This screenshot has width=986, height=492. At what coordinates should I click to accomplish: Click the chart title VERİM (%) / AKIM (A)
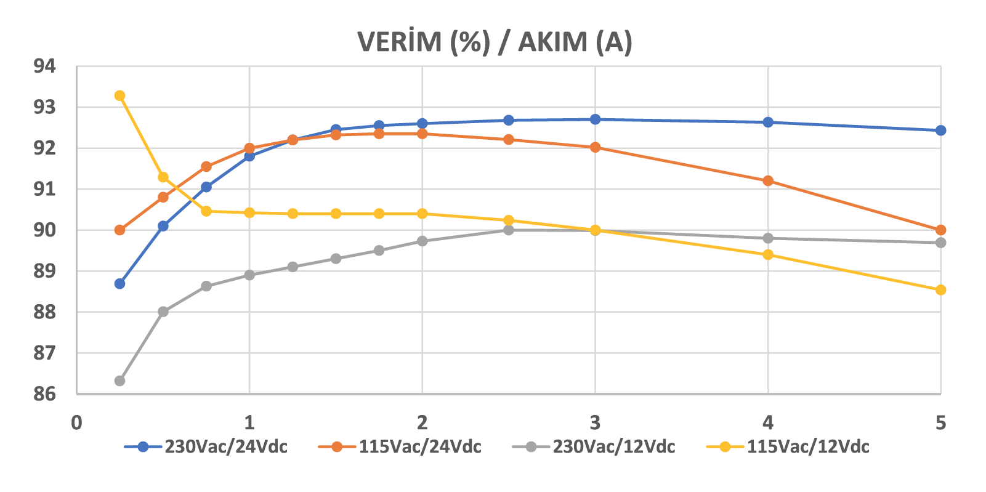(495, 42)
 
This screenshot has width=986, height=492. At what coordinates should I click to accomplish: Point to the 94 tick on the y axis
(44, 66)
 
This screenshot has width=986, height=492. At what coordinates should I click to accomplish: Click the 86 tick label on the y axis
(44, 394)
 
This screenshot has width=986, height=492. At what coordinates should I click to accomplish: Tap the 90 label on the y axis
(44, 230)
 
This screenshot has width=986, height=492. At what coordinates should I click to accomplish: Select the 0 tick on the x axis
(76, 423)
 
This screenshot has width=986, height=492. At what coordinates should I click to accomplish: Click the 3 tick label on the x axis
(595, 423)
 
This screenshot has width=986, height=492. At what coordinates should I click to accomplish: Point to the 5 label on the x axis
(940, 423)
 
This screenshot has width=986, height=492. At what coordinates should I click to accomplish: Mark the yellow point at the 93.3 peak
(120, 95)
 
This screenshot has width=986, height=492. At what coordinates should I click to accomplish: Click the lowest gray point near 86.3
(120, 381)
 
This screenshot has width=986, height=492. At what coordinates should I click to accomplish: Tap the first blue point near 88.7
(120, 284)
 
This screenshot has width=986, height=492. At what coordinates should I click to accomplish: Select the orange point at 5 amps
(940, 230)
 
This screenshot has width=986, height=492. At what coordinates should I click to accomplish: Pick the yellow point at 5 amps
(940, 290)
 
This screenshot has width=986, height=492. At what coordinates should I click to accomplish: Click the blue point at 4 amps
(768, 122)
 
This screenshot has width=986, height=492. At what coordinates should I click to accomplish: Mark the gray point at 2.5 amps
(509, 230)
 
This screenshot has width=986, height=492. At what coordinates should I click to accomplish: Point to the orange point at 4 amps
(768, 181)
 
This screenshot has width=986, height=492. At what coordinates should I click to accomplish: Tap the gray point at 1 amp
(249, 275)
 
